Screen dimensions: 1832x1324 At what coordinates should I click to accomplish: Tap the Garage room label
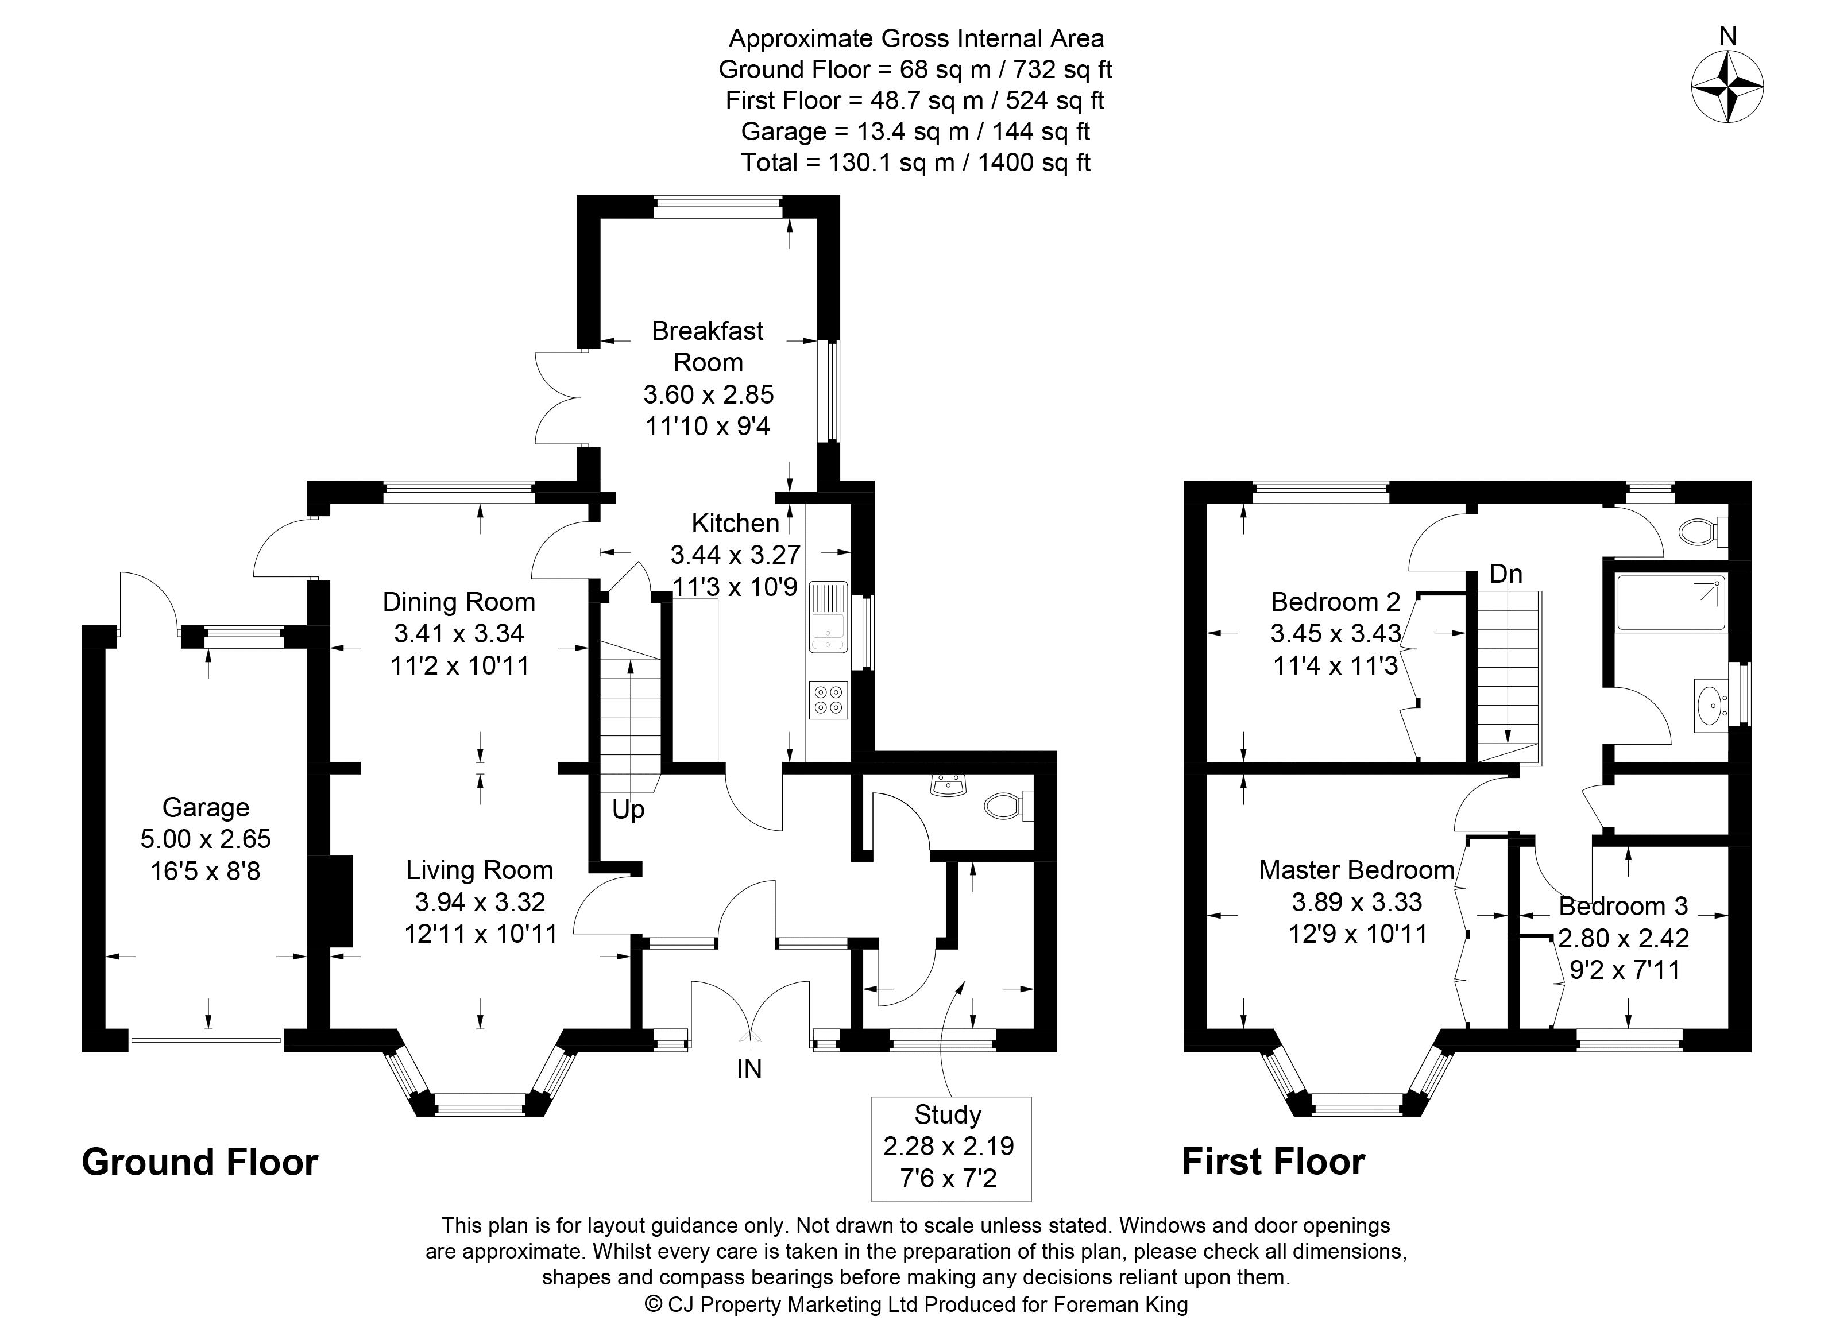coord(206,807)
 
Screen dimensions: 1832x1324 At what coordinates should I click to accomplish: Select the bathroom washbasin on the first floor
coord(1711,705)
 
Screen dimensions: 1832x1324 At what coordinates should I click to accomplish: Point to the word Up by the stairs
coord(628,810)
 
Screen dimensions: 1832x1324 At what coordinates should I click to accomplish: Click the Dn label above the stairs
coord(1506,574)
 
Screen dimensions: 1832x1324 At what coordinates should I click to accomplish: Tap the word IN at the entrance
coord(749,1069)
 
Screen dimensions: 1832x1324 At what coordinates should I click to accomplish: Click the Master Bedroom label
coord(1356,870)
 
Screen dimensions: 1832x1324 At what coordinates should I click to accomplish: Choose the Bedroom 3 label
coord(1623,907)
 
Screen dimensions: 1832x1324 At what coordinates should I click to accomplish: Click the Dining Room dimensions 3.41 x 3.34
coord(459,634)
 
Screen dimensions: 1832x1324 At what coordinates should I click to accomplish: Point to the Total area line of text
coord(915,162)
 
